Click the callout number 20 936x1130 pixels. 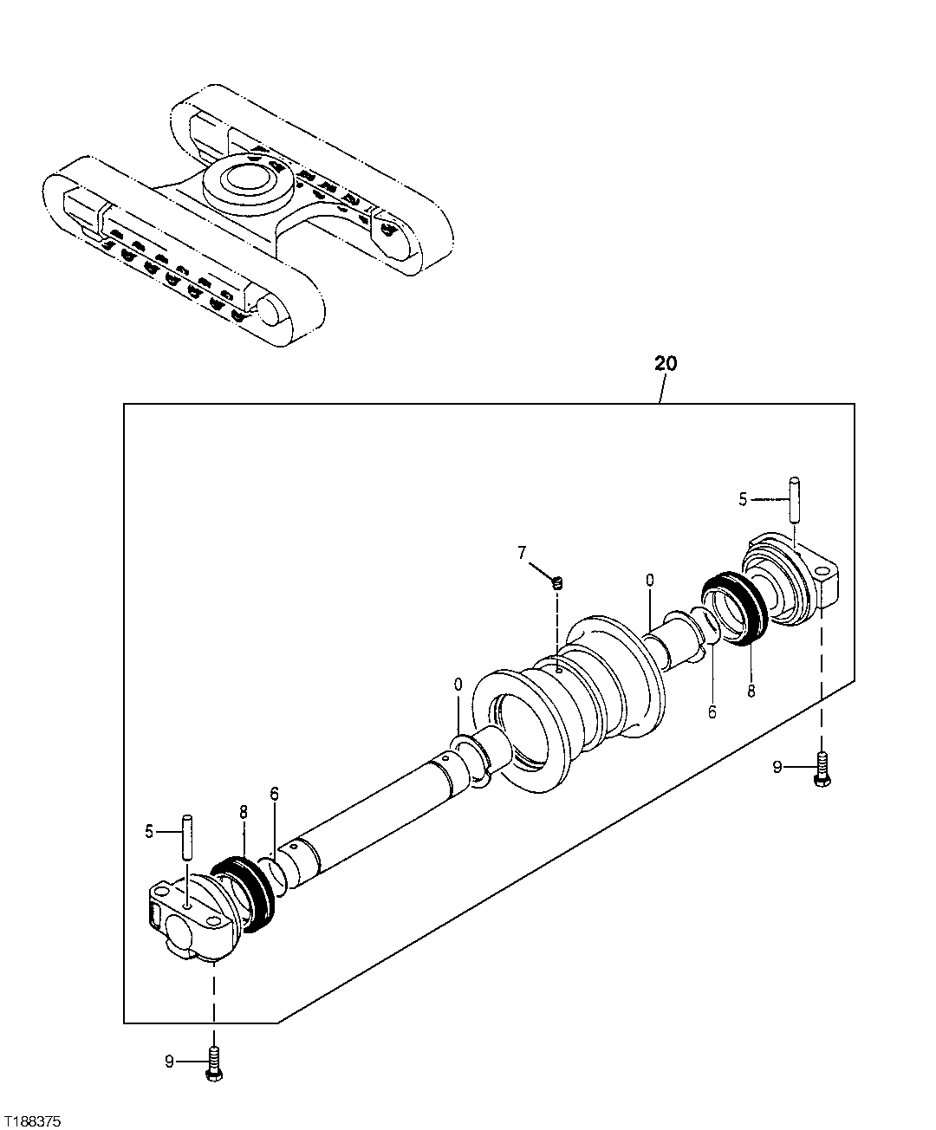pyautogui.click(x=666, y=363)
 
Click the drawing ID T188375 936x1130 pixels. pyautogui.click(x=31, y=1120)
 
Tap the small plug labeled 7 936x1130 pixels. pyautogui.click(x=558, y=582)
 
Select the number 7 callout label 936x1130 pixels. pyautogui.click(x=522, y=552)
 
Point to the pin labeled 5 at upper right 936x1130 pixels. pyautogui.click(x=793, y=498)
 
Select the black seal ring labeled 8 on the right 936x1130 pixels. pyautogui.click(x=733, y=610)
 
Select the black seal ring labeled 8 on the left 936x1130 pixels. pyautogui.click(x=246, y=893)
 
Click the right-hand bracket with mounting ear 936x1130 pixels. pyautogui.click(x=793, y=581)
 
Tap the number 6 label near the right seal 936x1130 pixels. pyautogui.click(x=712, y=712)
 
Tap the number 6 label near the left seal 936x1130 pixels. pyautogui.click(x=274, y=794)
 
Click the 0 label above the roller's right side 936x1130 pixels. pyautogui.click(x=649, y=578)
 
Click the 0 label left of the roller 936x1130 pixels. pyautogui.click(x=458, y=685)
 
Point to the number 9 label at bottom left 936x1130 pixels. pyautogui.click(x=170, y=1061)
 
